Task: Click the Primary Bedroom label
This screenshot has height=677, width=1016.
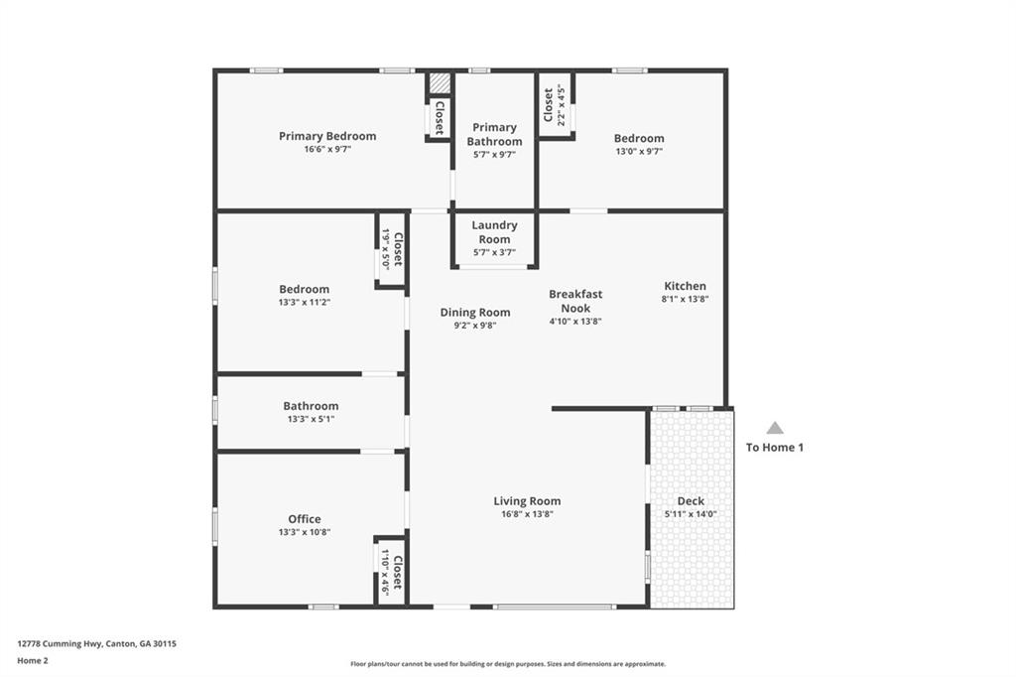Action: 327,136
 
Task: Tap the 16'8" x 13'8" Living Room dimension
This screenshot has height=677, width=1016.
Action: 527,514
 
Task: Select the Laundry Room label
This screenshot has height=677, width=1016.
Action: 494,232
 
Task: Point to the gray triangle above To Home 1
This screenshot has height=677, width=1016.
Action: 775,427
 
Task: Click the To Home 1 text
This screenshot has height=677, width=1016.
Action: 775,448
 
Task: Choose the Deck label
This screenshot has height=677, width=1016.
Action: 691,500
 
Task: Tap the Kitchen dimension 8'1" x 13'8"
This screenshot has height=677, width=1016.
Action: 685,299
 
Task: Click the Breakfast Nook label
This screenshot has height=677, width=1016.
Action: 575,301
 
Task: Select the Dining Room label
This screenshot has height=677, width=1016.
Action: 475,313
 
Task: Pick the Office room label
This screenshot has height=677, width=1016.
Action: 305,519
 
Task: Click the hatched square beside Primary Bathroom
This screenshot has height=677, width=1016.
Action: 440,83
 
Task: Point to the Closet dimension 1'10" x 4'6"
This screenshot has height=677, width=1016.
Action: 385,573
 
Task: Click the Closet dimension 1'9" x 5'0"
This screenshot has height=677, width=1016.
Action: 385,249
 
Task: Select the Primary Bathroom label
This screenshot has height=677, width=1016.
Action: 494,134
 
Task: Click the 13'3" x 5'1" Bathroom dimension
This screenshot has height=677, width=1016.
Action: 311,419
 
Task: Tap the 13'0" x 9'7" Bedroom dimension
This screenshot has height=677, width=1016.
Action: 639,151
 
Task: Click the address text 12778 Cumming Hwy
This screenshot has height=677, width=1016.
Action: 60,644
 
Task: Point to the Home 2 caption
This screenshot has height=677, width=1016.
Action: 33,661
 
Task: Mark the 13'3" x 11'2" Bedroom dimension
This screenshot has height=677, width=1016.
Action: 305,302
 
